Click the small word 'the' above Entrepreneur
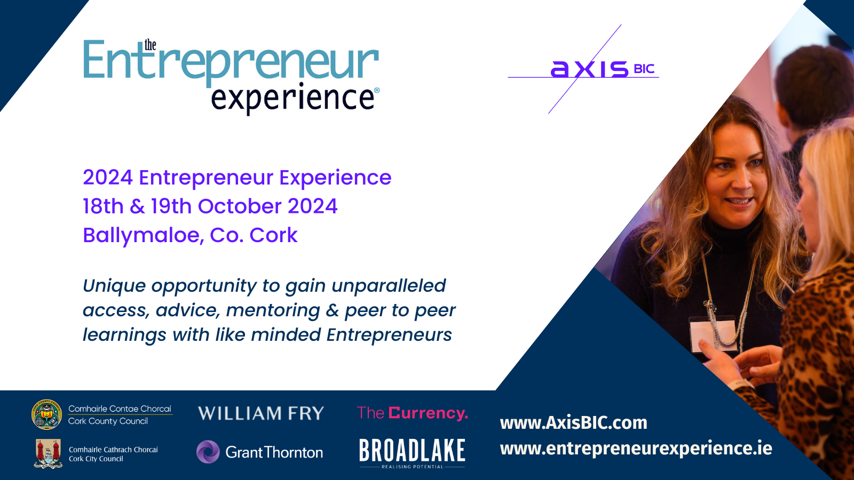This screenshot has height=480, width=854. [x=150, y=45]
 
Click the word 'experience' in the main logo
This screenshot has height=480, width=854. [x=292, y=98]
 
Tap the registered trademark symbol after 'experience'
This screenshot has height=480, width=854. [x=377, y=90]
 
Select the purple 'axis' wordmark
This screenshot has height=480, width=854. [x=589, y=69]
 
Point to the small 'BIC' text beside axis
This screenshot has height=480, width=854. [x=644, y=69]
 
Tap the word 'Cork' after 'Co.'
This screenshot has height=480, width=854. [x=273, y=235]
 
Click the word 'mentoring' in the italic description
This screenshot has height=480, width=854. [x=273, y=310]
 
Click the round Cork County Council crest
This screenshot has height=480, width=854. [x=46, y=414]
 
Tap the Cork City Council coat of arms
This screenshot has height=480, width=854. [x=48, y=453]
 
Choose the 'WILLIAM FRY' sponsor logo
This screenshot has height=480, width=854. [x=261, y=413]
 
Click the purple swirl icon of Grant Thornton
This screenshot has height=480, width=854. [x=208, y=452]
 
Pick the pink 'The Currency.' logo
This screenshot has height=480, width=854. [x=412, y=413]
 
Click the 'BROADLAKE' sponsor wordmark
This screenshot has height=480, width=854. [x=412, y=450]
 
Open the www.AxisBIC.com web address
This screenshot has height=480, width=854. [x=573, y=423]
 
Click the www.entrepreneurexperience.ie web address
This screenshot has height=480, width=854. [x=636, y=449]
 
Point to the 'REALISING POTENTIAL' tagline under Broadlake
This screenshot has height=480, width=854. [x=413, y=467]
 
